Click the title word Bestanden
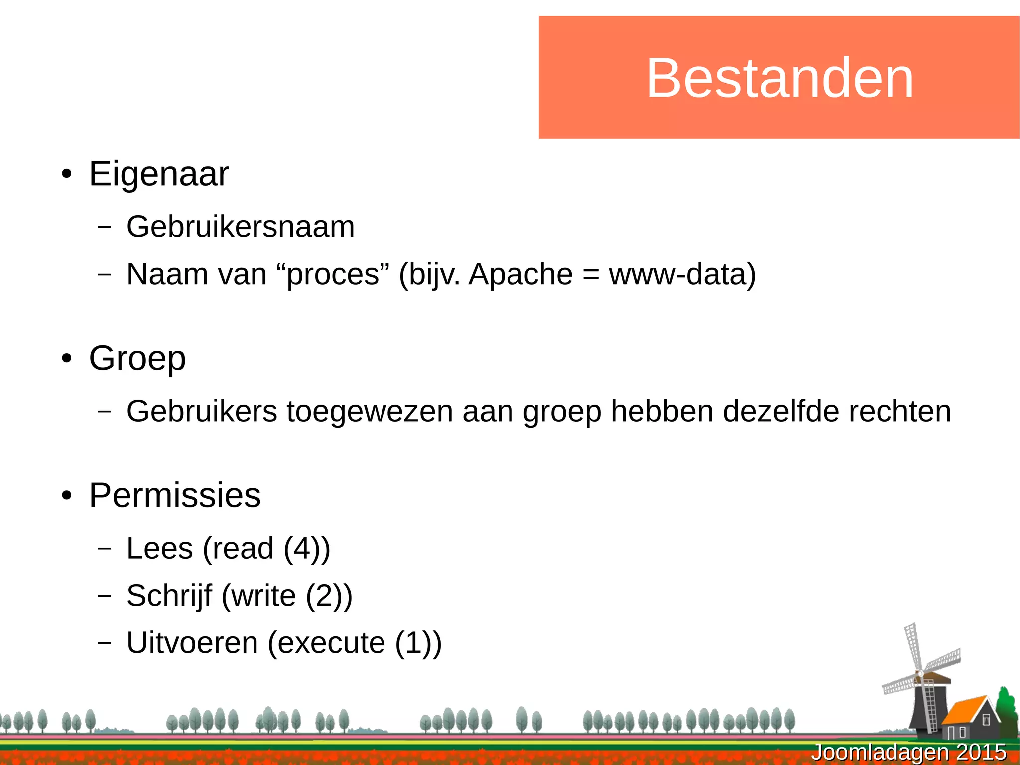(x=780, y=78)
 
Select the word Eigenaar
(x=159, y=174)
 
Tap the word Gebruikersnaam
(x=241, y=227)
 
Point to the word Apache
(x=520, y=274)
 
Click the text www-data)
(x=682, y=274)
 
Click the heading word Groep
(x=137, y=358)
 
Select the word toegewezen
(x=370, y=411)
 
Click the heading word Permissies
(x=175, y=496)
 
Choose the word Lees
(x=160, y=548)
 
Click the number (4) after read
(x=303, y=549)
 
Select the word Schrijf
(x=169, y=596)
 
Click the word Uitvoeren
(x=192, y=643)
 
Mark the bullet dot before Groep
(x=67, y=359)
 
